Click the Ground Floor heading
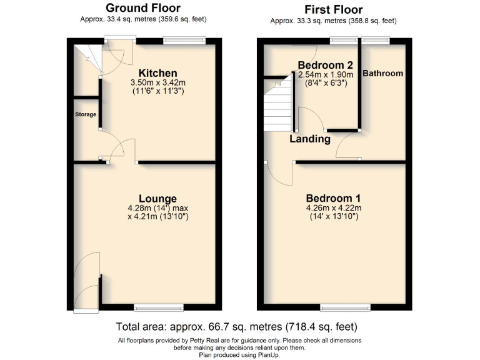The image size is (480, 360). click(143, 8)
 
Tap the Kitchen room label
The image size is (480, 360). click(157, 73)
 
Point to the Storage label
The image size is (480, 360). click(86, 114)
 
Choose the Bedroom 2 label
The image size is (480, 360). click(325, 65)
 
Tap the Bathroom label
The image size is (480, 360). click(383, 73)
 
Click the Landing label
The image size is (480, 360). click(310, 139)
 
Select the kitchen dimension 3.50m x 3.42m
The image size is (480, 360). click(157, 82)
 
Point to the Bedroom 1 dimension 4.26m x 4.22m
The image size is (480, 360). click(334, 208)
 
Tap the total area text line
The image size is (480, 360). click(237, 327)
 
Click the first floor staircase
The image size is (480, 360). click(279, 104)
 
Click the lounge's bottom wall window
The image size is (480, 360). click(158, 306)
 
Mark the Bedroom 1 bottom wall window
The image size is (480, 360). click(345, 306)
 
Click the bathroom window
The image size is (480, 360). click(376, 41)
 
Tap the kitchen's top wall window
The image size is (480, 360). click(184, 41)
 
